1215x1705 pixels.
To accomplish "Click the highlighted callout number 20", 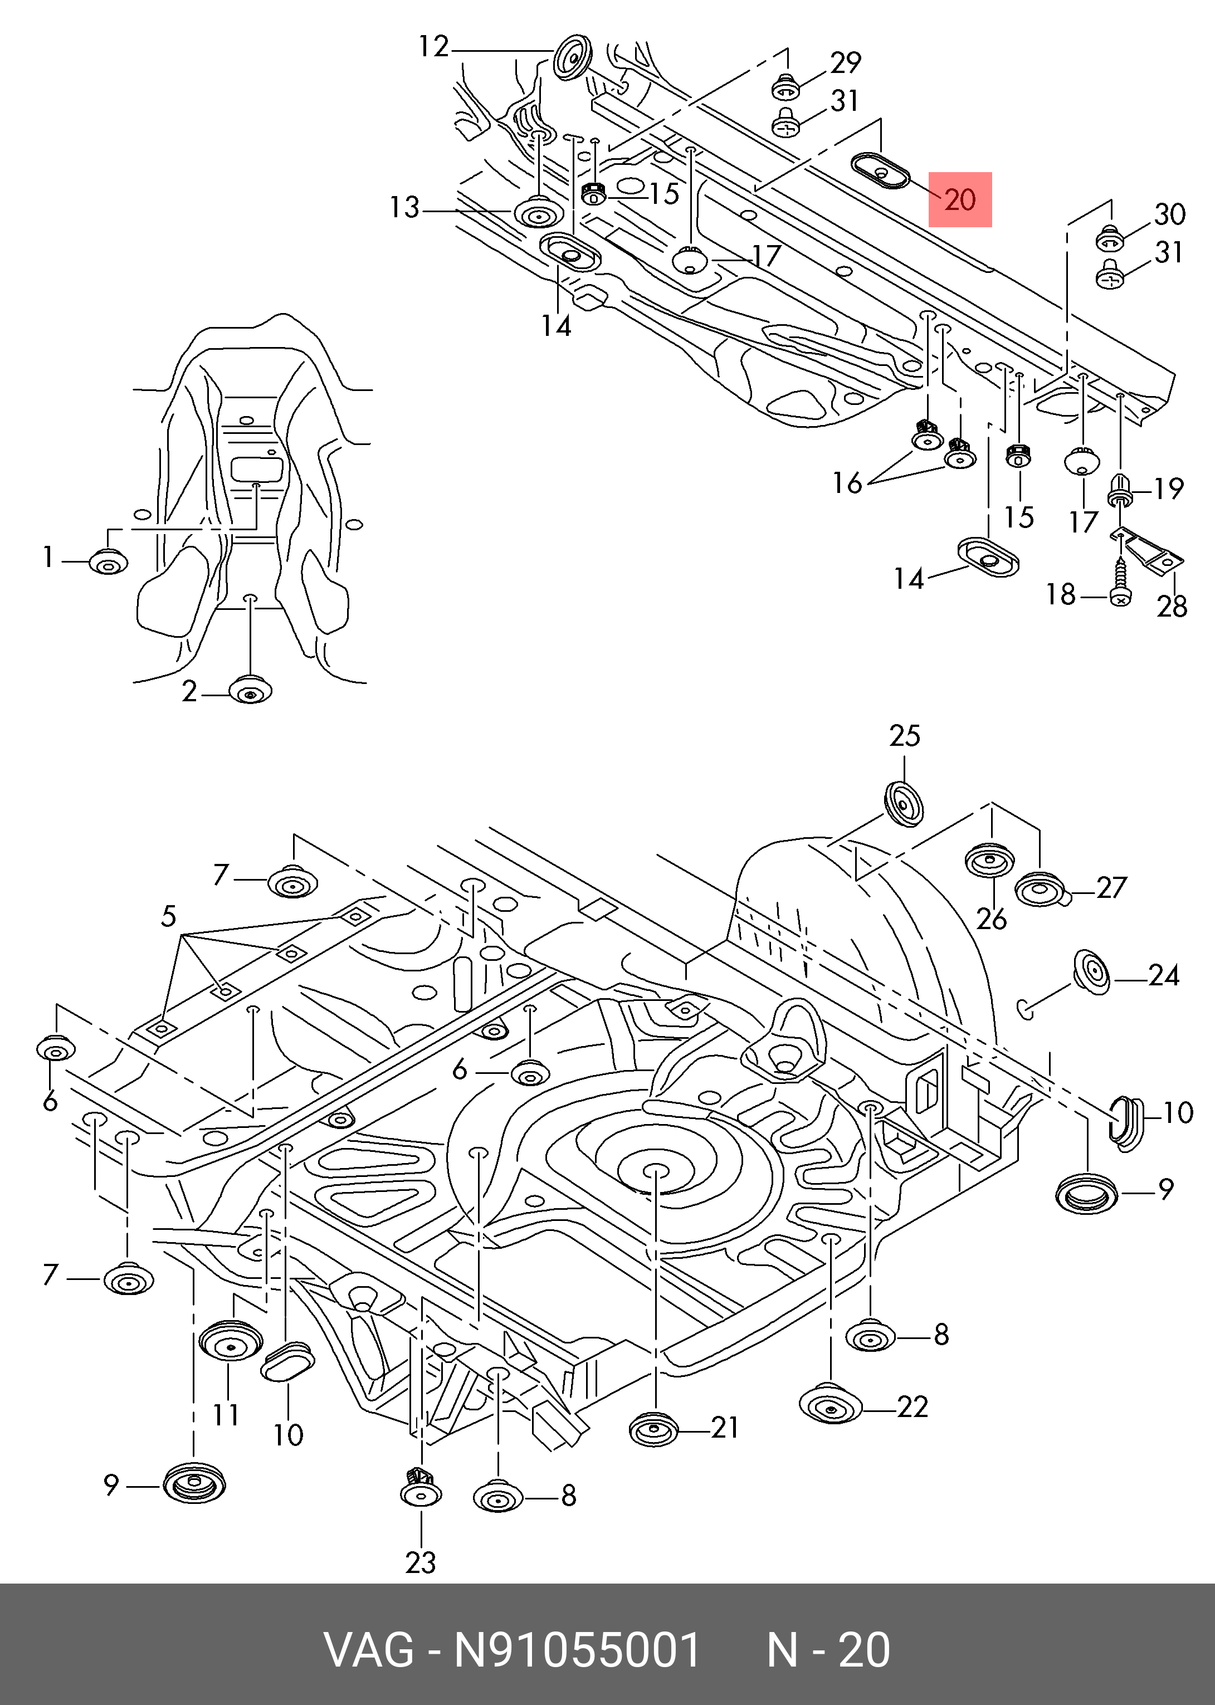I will coord(960,200).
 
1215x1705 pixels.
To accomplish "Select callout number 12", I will coord(433,47).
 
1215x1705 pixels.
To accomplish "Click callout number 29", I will coord(846,63).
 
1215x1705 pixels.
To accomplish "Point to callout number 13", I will coord(405,207).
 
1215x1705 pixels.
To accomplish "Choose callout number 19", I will coord(1168,489).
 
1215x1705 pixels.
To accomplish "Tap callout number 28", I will coord(1172,606).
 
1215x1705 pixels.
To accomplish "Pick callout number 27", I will coord(1111,887).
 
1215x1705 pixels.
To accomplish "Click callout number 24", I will coord(1163,975).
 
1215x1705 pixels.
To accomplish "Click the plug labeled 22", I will coord(831,1408).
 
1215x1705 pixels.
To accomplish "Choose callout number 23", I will coord(421,1563).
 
